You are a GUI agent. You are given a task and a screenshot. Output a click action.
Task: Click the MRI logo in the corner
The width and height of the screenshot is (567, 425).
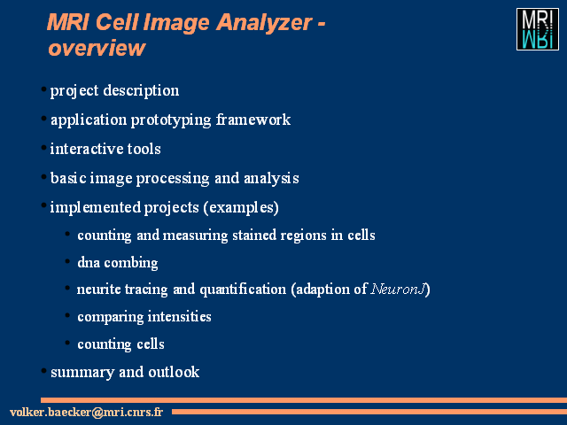tap(538, 29)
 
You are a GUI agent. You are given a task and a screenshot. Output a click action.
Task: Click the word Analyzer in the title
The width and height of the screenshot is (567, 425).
tap(264, 22)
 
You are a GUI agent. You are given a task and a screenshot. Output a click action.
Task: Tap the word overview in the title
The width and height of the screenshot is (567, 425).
tap(97, 48)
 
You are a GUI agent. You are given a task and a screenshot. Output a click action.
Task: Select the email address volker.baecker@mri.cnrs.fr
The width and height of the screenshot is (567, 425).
tap(87, 412)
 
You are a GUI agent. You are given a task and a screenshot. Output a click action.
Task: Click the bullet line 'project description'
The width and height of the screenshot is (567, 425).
tap(114, 90)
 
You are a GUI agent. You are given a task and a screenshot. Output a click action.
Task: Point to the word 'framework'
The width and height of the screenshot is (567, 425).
tap(253, 120)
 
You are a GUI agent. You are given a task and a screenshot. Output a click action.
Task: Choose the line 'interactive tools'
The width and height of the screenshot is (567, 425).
tap(105, 149)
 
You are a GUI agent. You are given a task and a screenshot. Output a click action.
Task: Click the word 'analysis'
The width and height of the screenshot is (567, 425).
tap(271, 178)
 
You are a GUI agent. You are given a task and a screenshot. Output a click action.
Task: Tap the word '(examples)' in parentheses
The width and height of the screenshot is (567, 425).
tap(241, 207)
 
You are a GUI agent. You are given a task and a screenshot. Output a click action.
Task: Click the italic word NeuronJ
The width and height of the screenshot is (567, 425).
tap(398, 290)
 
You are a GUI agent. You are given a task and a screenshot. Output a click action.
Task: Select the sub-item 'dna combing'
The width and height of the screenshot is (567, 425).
tap(118, 263)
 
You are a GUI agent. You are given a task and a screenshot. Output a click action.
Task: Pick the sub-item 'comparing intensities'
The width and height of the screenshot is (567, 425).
tap(144, 317)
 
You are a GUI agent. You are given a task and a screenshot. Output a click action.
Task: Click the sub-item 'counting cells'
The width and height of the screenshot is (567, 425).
tap(120, 344)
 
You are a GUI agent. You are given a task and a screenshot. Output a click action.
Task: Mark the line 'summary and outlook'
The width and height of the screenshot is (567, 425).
tap(125, 372)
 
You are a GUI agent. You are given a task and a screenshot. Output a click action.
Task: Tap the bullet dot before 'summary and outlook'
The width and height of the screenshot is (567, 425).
tap(43, 370)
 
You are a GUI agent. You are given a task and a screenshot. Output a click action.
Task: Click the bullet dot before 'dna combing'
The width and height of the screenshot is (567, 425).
tap(67, 261)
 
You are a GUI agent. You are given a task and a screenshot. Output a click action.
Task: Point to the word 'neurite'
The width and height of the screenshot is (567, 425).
tap(98, 290)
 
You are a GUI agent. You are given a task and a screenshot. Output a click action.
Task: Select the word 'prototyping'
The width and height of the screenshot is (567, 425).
tap(171, 120)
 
